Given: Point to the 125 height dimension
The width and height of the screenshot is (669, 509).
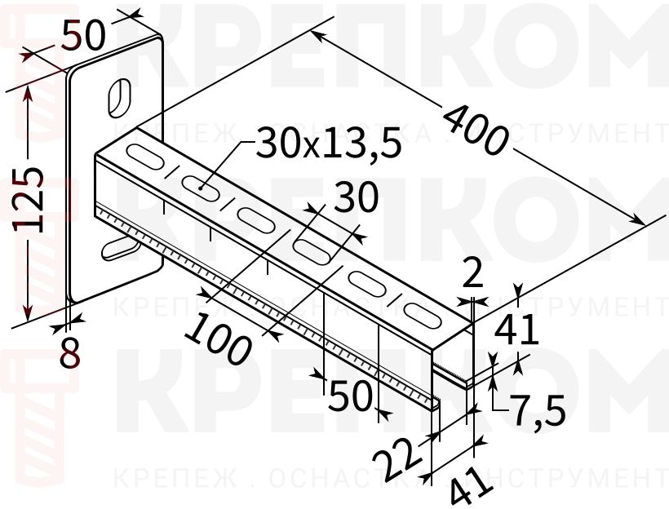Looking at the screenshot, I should pyautogui.click(x=30, y=201).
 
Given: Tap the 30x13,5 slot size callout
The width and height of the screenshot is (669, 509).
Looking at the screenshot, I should pyautogui.click(x=329, y=144).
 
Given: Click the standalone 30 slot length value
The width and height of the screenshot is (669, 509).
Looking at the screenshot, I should pyautogui.click(x=357, y=198).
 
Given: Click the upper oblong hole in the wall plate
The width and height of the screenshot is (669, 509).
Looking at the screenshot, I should pyautogui.click(x=119, y=96).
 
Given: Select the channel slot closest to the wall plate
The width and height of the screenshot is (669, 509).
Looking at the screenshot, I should pyautogui.click(x=144, y=153).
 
